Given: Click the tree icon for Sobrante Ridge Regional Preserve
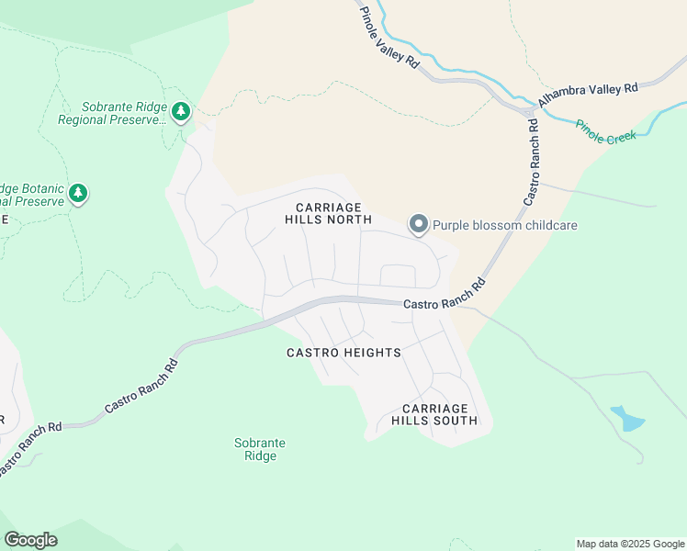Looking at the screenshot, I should [181, 112].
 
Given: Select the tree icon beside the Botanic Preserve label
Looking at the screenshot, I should [79, 193].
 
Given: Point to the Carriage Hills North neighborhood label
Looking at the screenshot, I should [328, 213].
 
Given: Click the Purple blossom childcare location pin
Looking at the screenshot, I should [419, 224].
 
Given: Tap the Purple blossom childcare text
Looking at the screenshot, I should [504, 225].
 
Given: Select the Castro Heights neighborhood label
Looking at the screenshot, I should [343, 353].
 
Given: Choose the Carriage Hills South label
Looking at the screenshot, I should [434, 414].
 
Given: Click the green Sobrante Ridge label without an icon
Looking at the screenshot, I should [260, 449].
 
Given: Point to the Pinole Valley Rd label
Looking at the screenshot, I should [389, 37].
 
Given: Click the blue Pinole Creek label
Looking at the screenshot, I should [605, 134].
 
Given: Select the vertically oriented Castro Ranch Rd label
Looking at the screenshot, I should [532, 161].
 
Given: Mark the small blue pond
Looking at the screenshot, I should [627, 418].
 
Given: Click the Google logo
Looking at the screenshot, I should [30, 540].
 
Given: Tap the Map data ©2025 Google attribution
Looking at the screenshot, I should [630, 544].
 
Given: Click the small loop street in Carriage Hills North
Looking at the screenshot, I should [398, 275].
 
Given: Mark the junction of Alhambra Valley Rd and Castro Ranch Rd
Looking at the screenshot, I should [531, 114].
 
